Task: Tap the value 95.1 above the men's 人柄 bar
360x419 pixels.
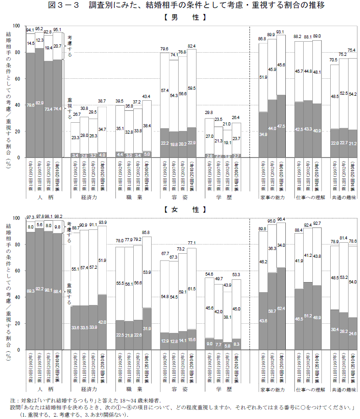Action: pos(57,29)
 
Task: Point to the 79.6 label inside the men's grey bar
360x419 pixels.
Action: pos(31,105)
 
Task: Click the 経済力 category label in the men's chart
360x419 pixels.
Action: pos(88,196)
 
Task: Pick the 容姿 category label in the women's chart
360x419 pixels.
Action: pos(178,389)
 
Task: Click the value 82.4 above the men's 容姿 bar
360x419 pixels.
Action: pos(191,46)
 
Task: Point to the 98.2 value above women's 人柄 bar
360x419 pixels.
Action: pos(58,216)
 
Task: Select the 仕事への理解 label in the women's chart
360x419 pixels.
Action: pos(310,389)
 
